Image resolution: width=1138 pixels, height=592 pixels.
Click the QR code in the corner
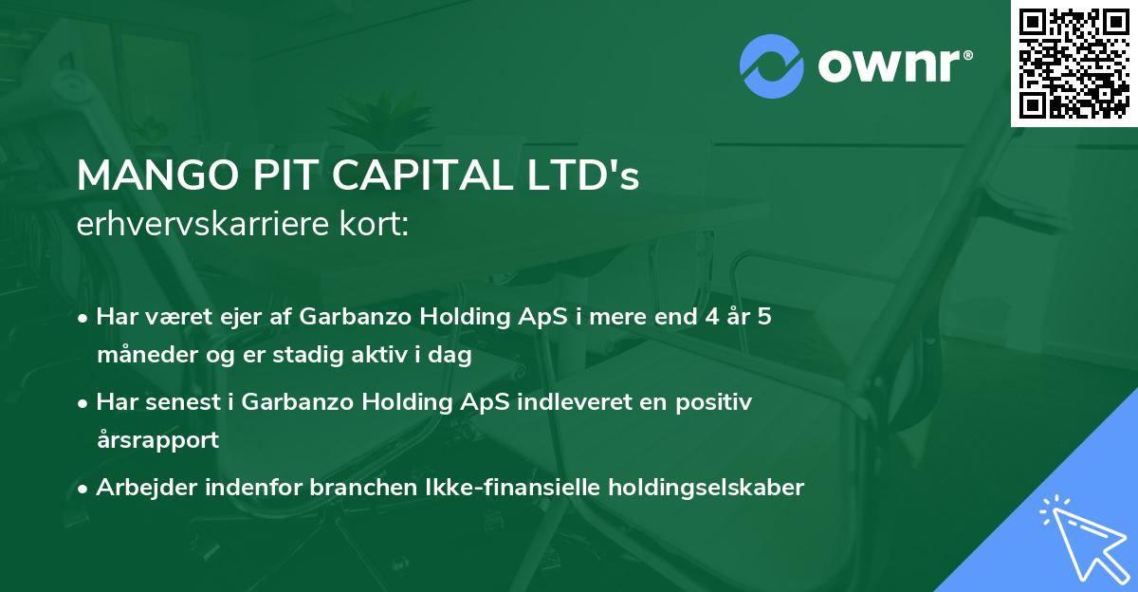coord(1074,64)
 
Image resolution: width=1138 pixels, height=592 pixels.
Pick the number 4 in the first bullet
coord(704,317)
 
